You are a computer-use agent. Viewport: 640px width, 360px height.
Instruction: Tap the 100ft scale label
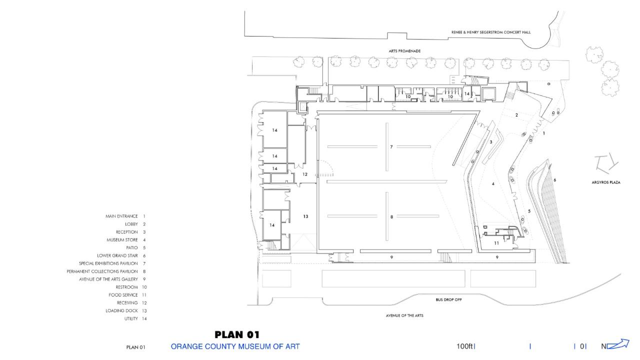(464, 346)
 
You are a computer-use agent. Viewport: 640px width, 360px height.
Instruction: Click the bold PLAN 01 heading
(237, 334)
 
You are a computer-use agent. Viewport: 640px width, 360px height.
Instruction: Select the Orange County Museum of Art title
(235, 346)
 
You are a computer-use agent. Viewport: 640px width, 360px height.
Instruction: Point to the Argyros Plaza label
(605, 182)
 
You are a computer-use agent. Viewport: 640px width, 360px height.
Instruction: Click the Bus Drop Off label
(448, 299)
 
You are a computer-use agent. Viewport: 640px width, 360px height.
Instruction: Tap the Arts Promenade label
(404, 51)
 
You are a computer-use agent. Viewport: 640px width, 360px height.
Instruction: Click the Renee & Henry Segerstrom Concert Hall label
(491, 32)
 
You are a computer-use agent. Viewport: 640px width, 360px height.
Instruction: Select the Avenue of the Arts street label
(404, 315)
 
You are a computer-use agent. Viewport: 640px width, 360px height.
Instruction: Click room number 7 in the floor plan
(391, 147)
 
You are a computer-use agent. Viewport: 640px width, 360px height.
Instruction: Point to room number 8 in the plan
(391, 217)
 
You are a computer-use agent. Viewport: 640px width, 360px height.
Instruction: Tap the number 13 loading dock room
(305, 216)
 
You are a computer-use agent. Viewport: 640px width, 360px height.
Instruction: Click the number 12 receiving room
(305, 174)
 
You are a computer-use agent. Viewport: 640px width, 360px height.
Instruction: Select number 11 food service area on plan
(496, 243)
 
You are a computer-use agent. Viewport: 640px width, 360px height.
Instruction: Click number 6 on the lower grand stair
(554, 180)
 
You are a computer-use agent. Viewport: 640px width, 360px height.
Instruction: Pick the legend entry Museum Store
(122, 240)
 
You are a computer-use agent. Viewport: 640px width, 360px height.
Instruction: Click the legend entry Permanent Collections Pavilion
(102, 271)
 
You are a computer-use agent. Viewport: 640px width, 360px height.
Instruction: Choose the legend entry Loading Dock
(121, 310)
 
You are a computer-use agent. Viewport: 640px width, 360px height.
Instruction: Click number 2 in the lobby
(516, 115)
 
